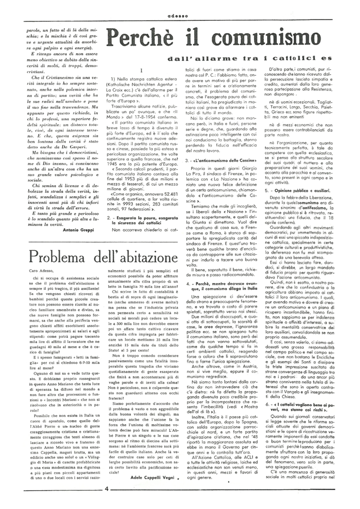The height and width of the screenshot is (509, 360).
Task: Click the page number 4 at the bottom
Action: [107, 501]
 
